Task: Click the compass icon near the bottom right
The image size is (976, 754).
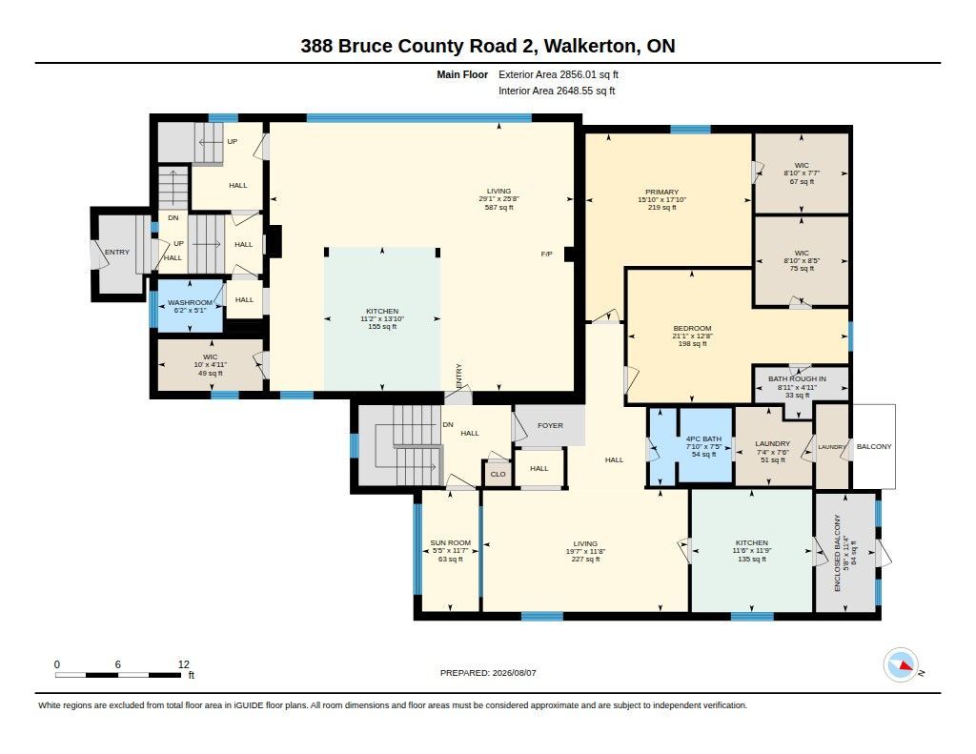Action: click(x=901, y=665)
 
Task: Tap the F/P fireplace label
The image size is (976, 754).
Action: click(x=546, y=254)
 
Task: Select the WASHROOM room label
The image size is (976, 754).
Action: click(x=190, y=302)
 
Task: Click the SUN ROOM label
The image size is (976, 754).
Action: click(x=451, y=543)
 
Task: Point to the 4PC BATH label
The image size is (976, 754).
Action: click(x=704, y=438)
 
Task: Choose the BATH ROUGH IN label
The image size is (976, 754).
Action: click(x=798, y=378)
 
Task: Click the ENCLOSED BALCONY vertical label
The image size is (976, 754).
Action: click(x=837, y=553)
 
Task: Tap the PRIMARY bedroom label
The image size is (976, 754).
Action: click(x=661, y=192)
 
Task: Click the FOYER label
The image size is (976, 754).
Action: click(x=550, y=426)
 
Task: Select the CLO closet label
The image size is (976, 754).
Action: click(x=498, y=475)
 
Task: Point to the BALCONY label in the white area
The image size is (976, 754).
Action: click(x=874, y=446)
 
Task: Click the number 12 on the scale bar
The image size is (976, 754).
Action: click(x=184, y=664)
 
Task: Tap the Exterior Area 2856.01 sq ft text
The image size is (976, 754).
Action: click(x=559, y=74)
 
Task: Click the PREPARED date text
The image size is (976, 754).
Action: click(x=488, y=673)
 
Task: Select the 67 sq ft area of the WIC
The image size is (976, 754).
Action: click(x=802, y=182)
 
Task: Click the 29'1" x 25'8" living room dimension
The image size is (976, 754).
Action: click(x=498, y=199)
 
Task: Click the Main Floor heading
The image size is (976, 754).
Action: click(x=462, y=74)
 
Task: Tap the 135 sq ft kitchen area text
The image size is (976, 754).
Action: click(x=752, y=560)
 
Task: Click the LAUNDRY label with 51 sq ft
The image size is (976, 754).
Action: click(x=772, y=444)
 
